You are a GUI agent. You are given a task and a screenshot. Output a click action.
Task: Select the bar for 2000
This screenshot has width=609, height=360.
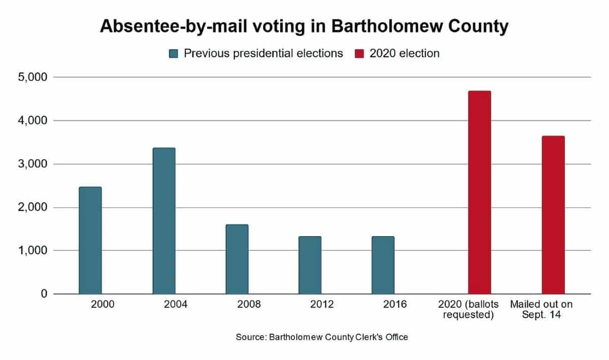90,241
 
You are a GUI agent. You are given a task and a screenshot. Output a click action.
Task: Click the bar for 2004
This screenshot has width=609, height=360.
164,221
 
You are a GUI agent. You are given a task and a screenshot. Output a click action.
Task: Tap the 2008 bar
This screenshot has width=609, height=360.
237,259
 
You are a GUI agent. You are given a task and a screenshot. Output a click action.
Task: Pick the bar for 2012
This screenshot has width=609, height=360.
310,265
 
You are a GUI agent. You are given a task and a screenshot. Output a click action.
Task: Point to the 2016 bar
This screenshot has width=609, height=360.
383,265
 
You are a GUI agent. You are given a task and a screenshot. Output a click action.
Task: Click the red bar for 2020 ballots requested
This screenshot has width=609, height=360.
480,192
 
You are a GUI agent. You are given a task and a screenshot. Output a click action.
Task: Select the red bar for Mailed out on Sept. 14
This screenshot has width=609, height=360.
553,215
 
